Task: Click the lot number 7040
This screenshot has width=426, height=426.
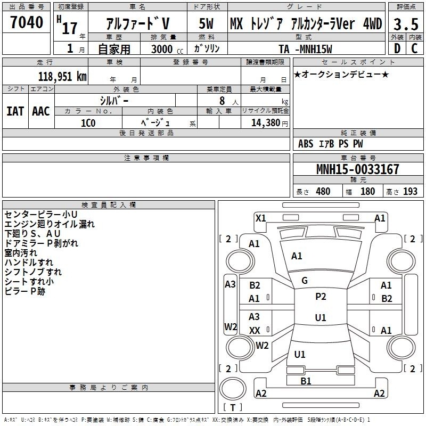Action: pyautogui.click(x=27, y=22)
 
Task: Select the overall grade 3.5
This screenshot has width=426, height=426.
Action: pyautogui.click(x=406, y=24)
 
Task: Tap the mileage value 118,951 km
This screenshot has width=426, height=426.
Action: pyautogui.click(x=62, y=76)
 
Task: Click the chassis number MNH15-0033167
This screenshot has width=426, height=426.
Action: pyautogui.click(x=357, y=169)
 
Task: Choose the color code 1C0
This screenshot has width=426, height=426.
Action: pyautogui.click(x=88, y=123)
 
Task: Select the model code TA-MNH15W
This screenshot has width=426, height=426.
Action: pyautogui.click(x=305, y=49)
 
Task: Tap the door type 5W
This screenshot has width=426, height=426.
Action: pyautogui.click(x=206, y=23)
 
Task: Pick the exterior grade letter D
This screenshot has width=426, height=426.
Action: pyautogui.click(x=397, y=48)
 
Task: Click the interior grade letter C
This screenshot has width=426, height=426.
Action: pyautogui.click(x=414, y=48)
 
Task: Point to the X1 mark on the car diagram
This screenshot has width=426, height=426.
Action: pyautogui.click(x=260, y=218)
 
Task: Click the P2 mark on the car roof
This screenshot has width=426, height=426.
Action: pyautogui.click(x=321, y=296)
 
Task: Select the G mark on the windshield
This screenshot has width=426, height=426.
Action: pyautogui.click(x=305, y=281)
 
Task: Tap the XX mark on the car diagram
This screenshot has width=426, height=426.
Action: pyautogui.click(x=255, y=330)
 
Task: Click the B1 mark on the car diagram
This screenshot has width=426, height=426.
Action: pyautogui.click(x=306, y=381)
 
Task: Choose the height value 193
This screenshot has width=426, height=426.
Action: pyautogui.click(x=410, y=191)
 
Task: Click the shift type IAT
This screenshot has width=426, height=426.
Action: pyautogui.click(x=15, y=111)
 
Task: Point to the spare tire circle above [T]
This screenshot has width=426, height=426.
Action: pyautogui.click(x=233, y=389)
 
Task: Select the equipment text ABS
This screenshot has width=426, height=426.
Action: pyautogui.click(x=306, y=144)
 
